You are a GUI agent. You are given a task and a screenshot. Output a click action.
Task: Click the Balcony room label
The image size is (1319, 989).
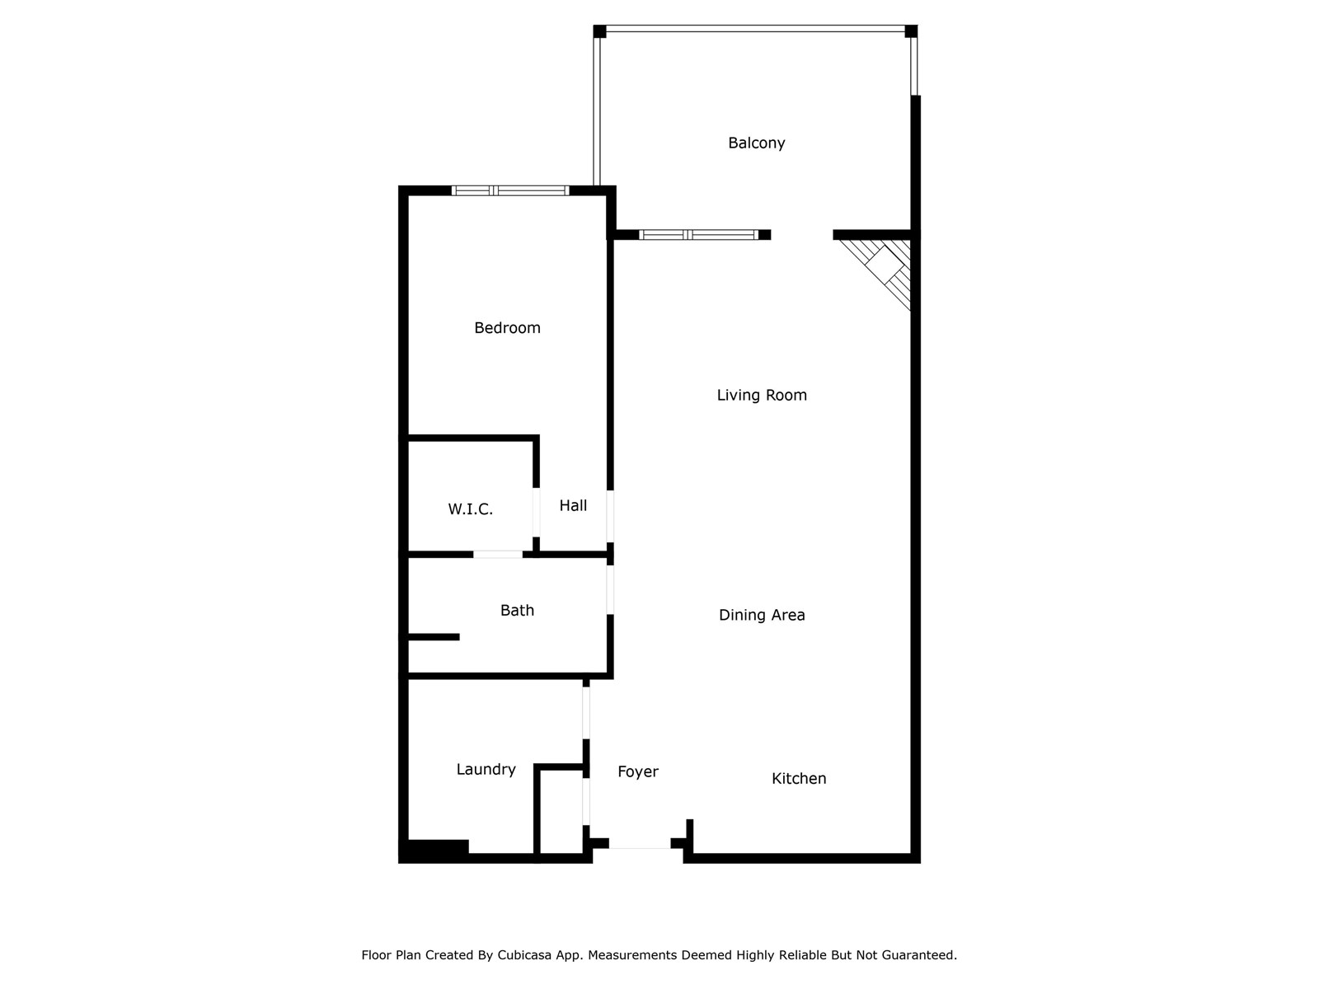pyautogui.click(x=756, y=143)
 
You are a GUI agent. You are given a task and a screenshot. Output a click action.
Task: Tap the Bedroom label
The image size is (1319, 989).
pyautogui.click(x=507, y=328)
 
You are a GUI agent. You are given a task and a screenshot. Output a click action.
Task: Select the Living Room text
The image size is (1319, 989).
pyautogui.click(x=762, y=396)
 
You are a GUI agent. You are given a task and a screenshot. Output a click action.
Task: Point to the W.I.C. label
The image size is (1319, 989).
pyautogui.click(x=470, y=509)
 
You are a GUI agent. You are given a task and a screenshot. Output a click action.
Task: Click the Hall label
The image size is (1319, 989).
pyautogui.click(x=573, y=506)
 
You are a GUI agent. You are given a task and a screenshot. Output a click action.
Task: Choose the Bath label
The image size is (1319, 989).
pyautogui.click(x=517, y=611)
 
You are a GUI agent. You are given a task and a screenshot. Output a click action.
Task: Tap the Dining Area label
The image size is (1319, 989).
pyautogui.click(x=762, y=615)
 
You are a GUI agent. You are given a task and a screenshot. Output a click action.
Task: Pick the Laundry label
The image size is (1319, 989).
pyautogui.click(x=486, y=770)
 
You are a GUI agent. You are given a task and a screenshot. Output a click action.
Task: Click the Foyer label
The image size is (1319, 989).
pyautogui.click(x=638, y=772)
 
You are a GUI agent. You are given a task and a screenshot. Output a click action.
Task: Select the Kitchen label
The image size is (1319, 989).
pyautogui.click(x=799, y=779)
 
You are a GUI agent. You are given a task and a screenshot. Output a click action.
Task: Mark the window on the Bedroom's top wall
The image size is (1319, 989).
pyautogui.click(x=510, y=190)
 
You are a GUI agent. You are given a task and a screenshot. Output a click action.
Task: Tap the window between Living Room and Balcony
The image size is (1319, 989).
pyautogui.click(x=698, y=235)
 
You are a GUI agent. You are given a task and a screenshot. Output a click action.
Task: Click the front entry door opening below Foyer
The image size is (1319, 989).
pyautogui.click(x=640, y=844)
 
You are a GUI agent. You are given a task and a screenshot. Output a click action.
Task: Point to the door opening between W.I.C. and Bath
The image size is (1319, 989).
pyautogui.click(x=497, y=555)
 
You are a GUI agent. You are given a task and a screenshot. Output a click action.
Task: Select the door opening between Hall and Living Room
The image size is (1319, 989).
pyautogui.click(x=610, y=516)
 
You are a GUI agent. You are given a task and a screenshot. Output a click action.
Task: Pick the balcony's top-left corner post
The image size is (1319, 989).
pyautogui.click(x=599, y=31)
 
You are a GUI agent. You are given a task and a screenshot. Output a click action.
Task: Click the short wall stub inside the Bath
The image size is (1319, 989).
pyautogui.click(x=434, y=637)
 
